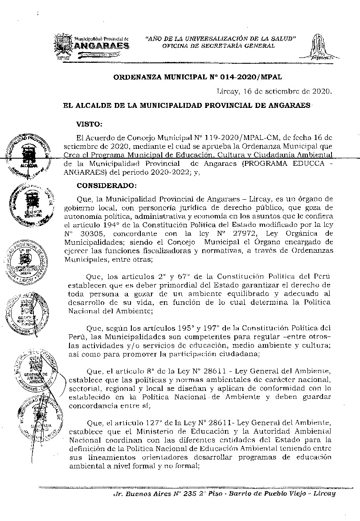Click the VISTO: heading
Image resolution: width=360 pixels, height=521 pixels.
[89, 123]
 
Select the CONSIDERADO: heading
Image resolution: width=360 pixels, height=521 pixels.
[106, 185]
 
